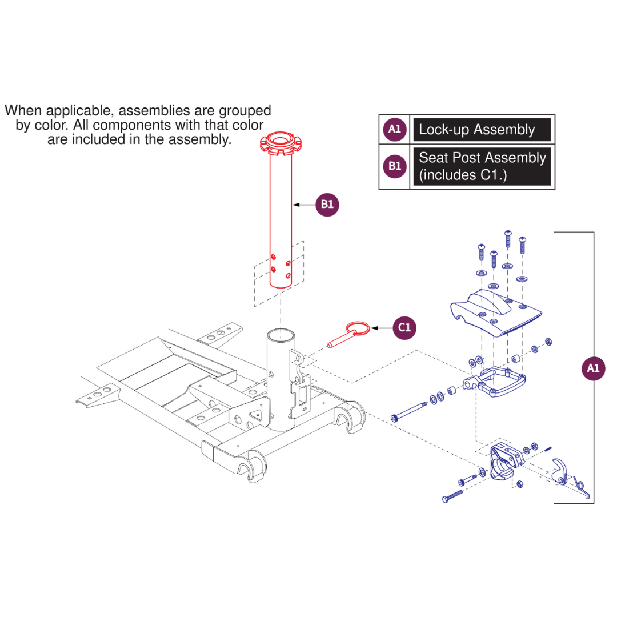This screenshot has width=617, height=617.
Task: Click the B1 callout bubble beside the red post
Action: click(x=327, y=205)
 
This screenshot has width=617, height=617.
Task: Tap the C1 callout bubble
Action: click(x=404, y=328)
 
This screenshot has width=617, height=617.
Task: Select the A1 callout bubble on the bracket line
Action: click(x=594, y=368)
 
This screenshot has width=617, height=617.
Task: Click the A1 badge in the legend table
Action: click(x=395, y=129)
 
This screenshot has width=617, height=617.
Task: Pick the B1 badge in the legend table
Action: click(x=395, y=166)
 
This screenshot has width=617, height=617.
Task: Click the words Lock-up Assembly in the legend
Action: click(x=476, y=130)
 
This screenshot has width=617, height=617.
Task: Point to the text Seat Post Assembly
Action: click(x=482, y=158)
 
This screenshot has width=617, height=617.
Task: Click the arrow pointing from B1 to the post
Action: click(x=303, y=205)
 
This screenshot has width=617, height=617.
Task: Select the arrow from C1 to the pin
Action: click(x=382, y=328)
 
